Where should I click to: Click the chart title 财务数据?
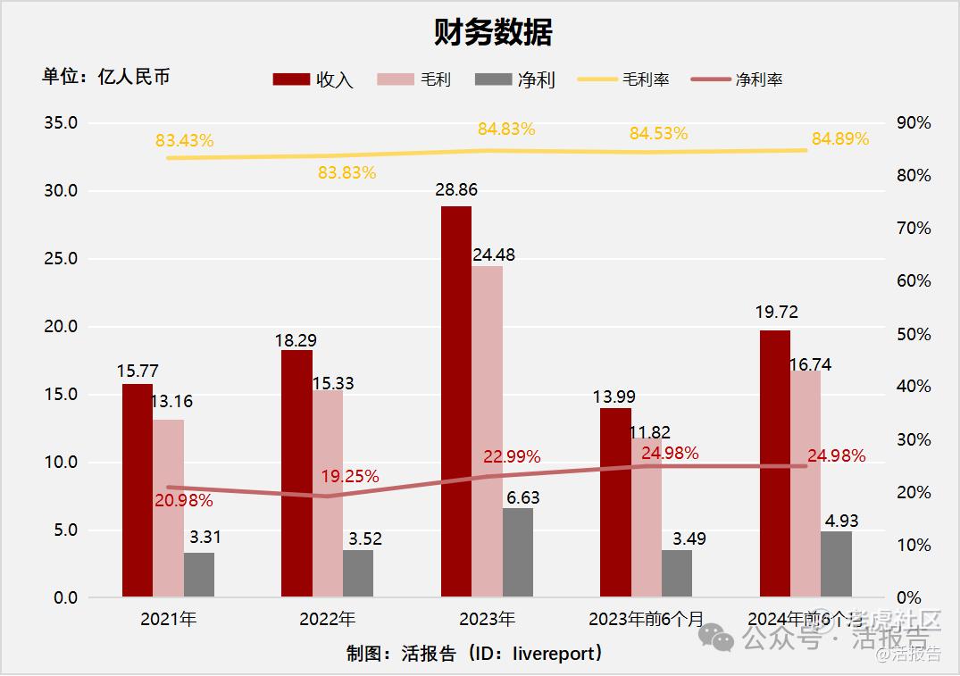(493, 32)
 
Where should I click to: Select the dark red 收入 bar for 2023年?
(456, 402)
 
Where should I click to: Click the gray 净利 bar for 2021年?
(199, 575)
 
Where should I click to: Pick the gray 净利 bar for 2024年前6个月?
(836, 564)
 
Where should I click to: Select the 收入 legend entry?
(313, 79)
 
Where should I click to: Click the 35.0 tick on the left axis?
(61, 123)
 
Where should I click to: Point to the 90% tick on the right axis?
(914, 123)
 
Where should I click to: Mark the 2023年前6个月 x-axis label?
(647, 619)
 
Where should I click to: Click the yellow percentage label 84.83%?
(506, 129)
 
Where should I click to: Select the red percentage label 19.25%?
(350, 477)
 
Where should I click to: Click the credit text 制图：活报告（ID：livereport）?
(474, 654)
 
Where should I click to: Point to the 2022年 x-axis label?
(328, 619)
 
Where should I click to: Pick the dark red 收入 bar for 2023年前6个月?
(615, 503)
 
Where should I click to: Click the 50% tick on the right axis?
(914, 334)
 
